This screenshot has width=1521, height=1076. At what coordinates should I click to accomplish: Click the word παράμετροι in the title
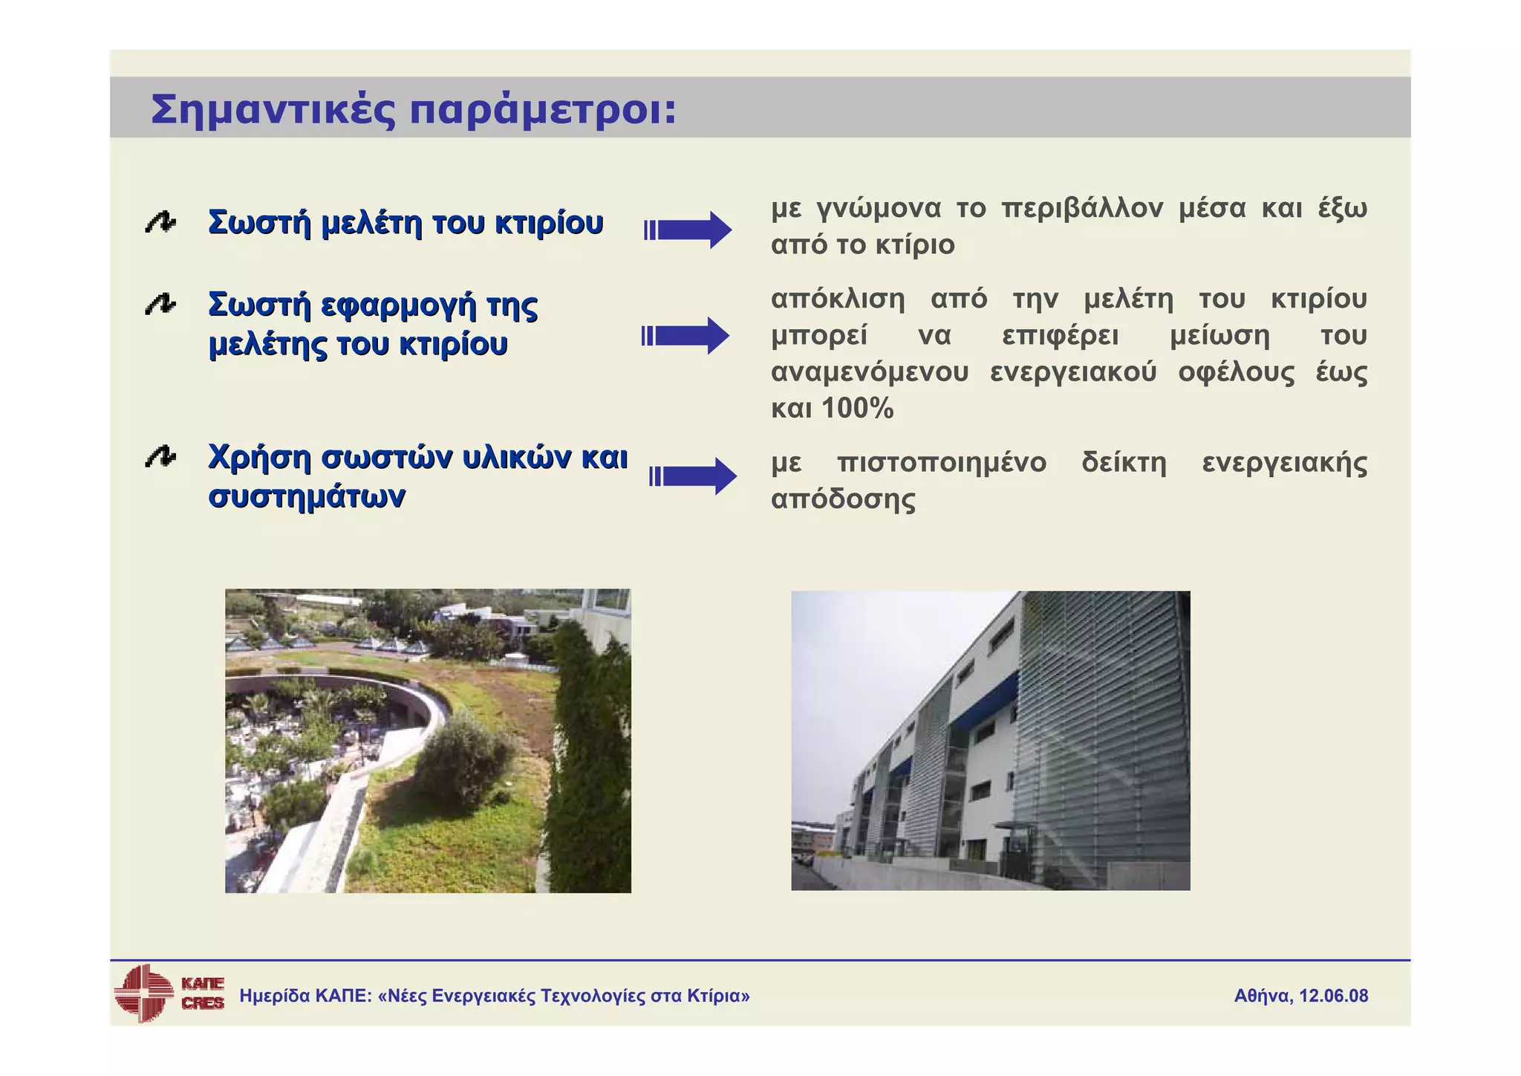pyautogui.click(x=543, y=111)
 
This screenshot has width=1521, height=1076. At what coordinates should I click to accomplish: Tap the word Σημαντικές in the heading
pyautogui.click(x=273, y=111)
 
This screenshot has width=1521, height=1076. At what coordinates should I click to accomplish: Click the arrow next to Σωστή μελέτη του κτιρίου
pyautogui.click(x=688, y=230)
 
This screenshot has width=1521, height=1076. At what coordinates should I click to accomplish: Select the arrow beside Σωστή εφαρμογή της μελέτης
pyautogui.click(x=686, y=336)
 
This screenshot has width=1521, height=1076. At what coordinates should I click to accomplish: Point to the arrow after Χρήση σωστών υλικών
pyautogui.click(x=693, y=476)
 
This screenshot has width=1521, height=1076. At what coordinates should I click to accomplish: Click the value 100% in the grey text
pyautogui.click(x=858, y=409)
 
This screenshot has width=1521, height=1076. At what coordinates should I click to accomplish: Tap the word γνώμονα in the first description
pyautogui.click(x=878, y=209)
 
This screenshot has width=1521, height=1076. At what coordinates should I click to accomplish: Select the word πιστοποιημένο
pyautogui.click(x=941, y=463)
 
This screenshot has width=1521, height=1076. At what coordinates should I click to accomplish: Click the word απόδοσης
pyautogui.click(x=843, y=499)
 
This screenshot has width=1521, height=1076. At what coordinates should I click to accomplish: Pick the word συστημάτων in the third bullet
pyautogui.click(x=307, y=496)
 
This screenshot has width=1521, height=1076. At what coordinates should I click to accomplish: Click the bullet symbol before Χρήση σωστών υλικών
pyautogui.click(x=160, y=457)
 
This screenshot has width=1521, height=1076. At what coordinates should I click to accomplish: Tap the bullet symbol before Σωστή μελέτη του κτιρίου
pyautogui.click(x=160, y=222)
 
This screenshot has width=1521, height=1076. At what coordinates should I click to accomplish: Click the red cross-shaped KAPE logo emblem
pyautogui.click(x=143, y=993)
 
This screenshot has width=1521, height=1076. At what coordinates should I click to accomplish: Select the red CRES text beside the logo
pyautogui.click(x=202, y=1003)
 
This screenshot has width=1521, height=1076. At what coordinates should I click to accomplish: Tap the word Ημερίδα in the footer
pyautogui.click(x=274, y=996)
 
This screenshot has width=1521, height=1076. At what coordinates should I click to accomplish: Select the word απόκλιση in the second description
pyautogui.click(x=838, y=299)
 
